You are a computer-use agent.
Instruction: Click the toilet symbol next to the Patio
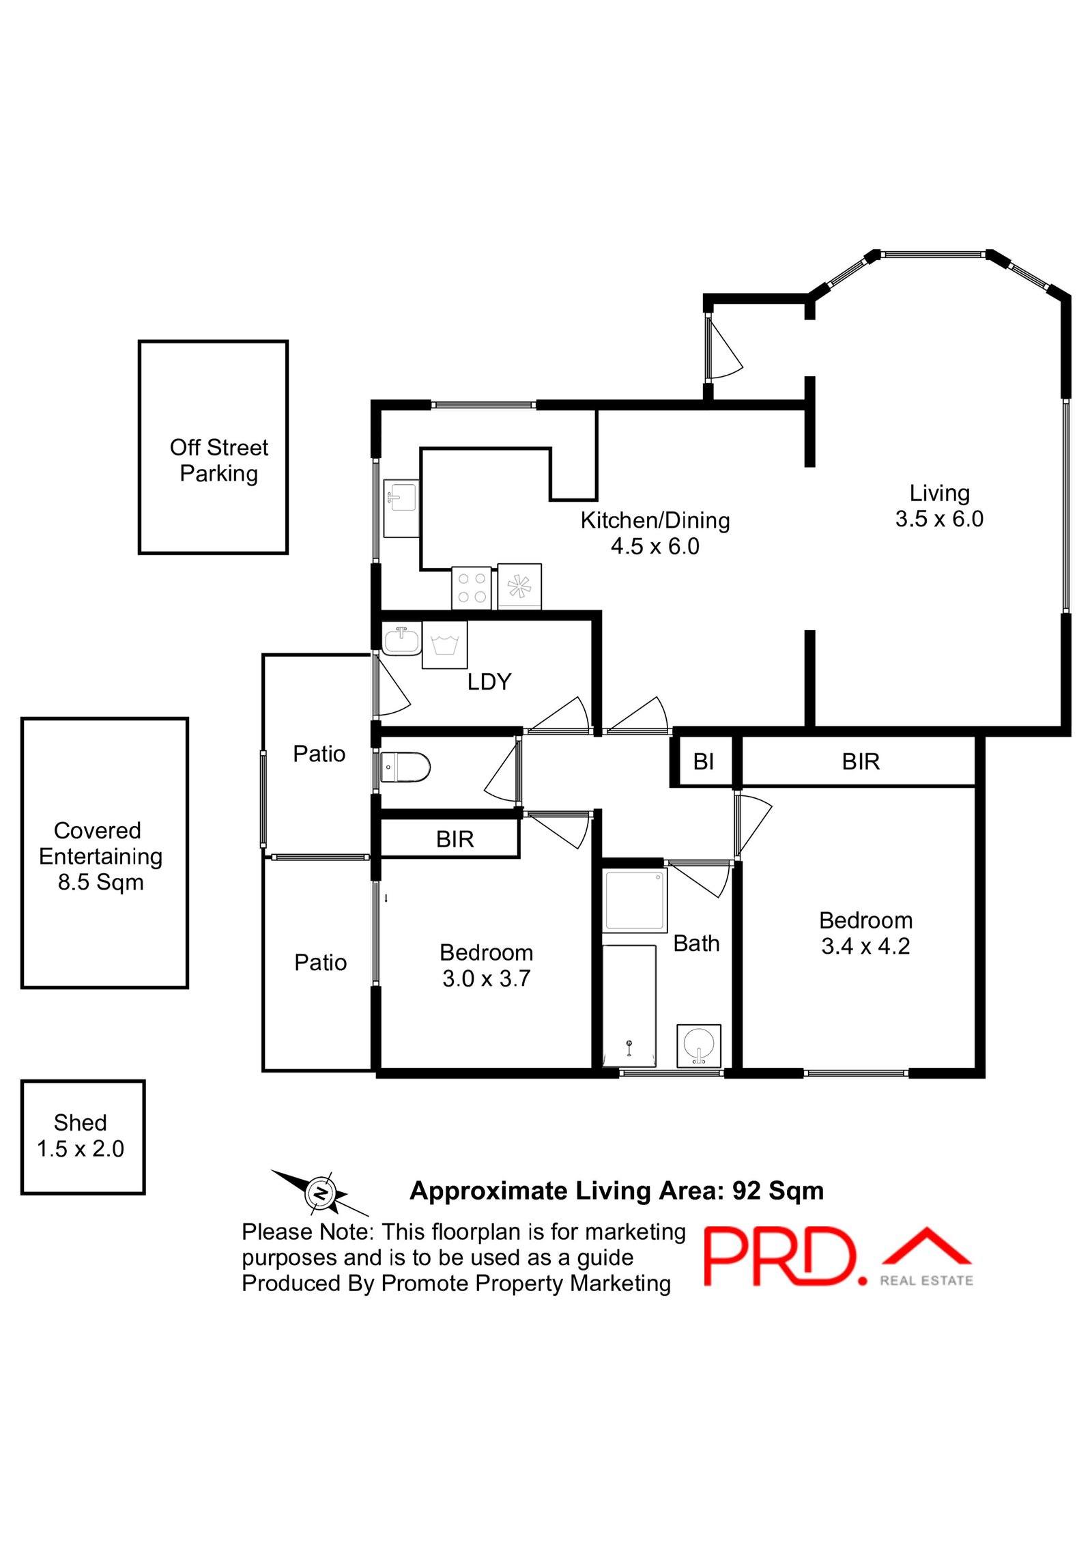pyautogui.click(x=405, y=767)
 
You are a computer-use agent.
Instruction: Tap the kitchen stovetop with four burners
pyautogui.click(x=471, y=587)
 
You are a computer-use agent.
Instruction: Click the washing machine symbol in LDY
pyautogui.click(x=444, y=644)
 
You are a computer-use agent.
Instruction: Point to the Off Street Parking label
pyautogui.click(x=218, y=460)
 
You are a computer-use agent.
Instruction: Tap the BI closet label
pyautogui.click(x=703, y=761)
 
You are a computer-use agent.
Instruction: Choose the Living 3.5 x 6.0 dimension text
pyautogui.click(x=939, y=519)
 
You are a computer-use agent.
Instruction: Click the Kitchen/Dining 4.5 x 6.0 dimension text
pyautogui.click(x=655, y=546)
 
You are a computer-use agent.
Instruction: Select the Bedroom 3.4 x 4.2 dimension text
pyautogui.click(x=865, y=946)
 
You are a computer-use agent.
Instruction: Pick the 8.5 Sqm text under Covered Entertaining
pyautogui.click(x=100, y=882)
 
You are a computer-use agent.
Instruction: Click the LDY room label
pyautogui.click(x=489, y=681)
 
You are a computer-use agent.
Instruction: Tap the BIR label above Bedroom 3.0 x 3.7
pyautogui.click(x=455, y=839)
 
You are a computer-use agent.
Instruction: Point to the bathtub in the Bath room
pyautogui.click(x=629, y=1005)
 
